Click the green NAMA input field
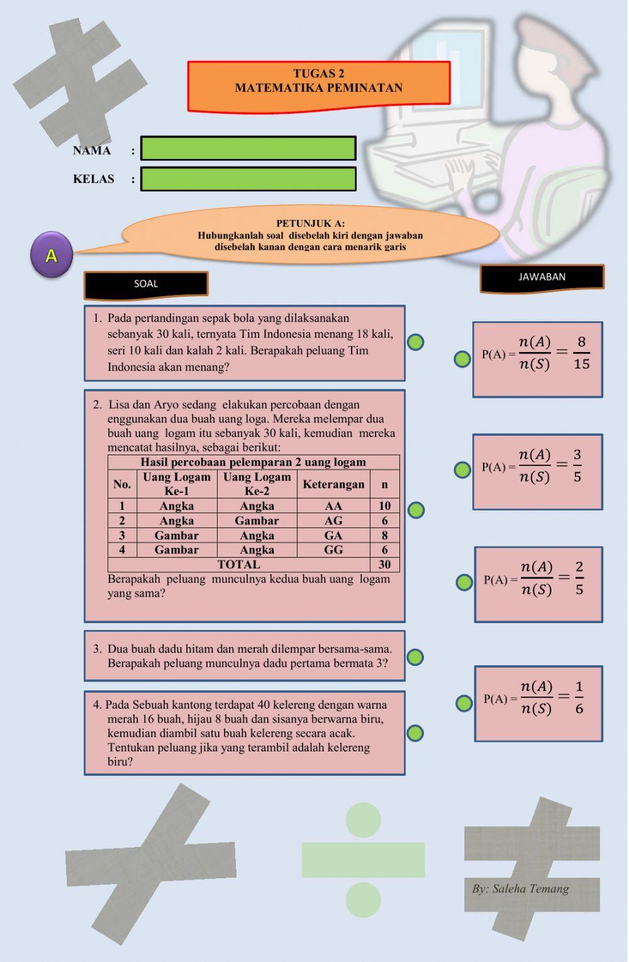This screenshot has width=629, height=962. (x=248, y=148)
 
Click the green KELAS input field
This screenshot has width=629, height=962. (x=248, y=179)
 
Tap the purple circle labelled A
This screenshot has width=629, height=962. (x=51, y=255)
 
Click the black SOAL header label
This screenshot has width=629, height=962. (x=146, y=284)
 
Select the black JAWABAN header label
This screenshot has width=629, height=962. (x=542, y=277)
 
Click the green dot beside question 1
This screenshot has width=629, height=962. (x=415, y=342)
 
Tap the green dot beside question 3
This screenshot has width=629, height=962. (x=415, y=657)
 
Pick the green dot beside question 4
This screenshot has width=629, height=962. (x=415, y=733)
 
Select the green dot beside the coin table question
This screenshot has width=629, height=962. (x=416, y=510)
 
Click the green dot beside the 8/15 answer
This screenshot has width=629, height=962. (x=462, y=359)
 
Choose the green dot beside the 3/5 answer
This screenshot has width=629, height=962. (x=462, y=469)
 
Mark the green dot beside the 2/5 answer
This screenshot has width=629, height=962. (x=464, y=582)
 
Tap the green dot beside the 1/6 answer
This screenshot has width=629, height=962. (x=464, y=703)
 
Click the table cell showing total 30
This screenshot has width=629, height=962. (x=384, y=565)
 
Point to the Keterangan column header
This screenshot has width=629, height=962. (x=333, y=484)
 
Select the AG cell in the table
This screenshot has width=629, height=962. (x=333, y=521)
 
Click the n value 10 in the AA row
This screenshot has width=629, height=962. (x=384, y=506)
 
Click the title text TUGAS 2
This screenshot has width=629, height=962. (x=319, y=74)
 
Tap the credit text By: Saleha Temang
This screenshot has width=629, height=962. (x=520, y=888)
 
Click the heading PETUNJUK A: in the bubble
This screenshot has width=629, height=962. (x=310, y=223)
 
